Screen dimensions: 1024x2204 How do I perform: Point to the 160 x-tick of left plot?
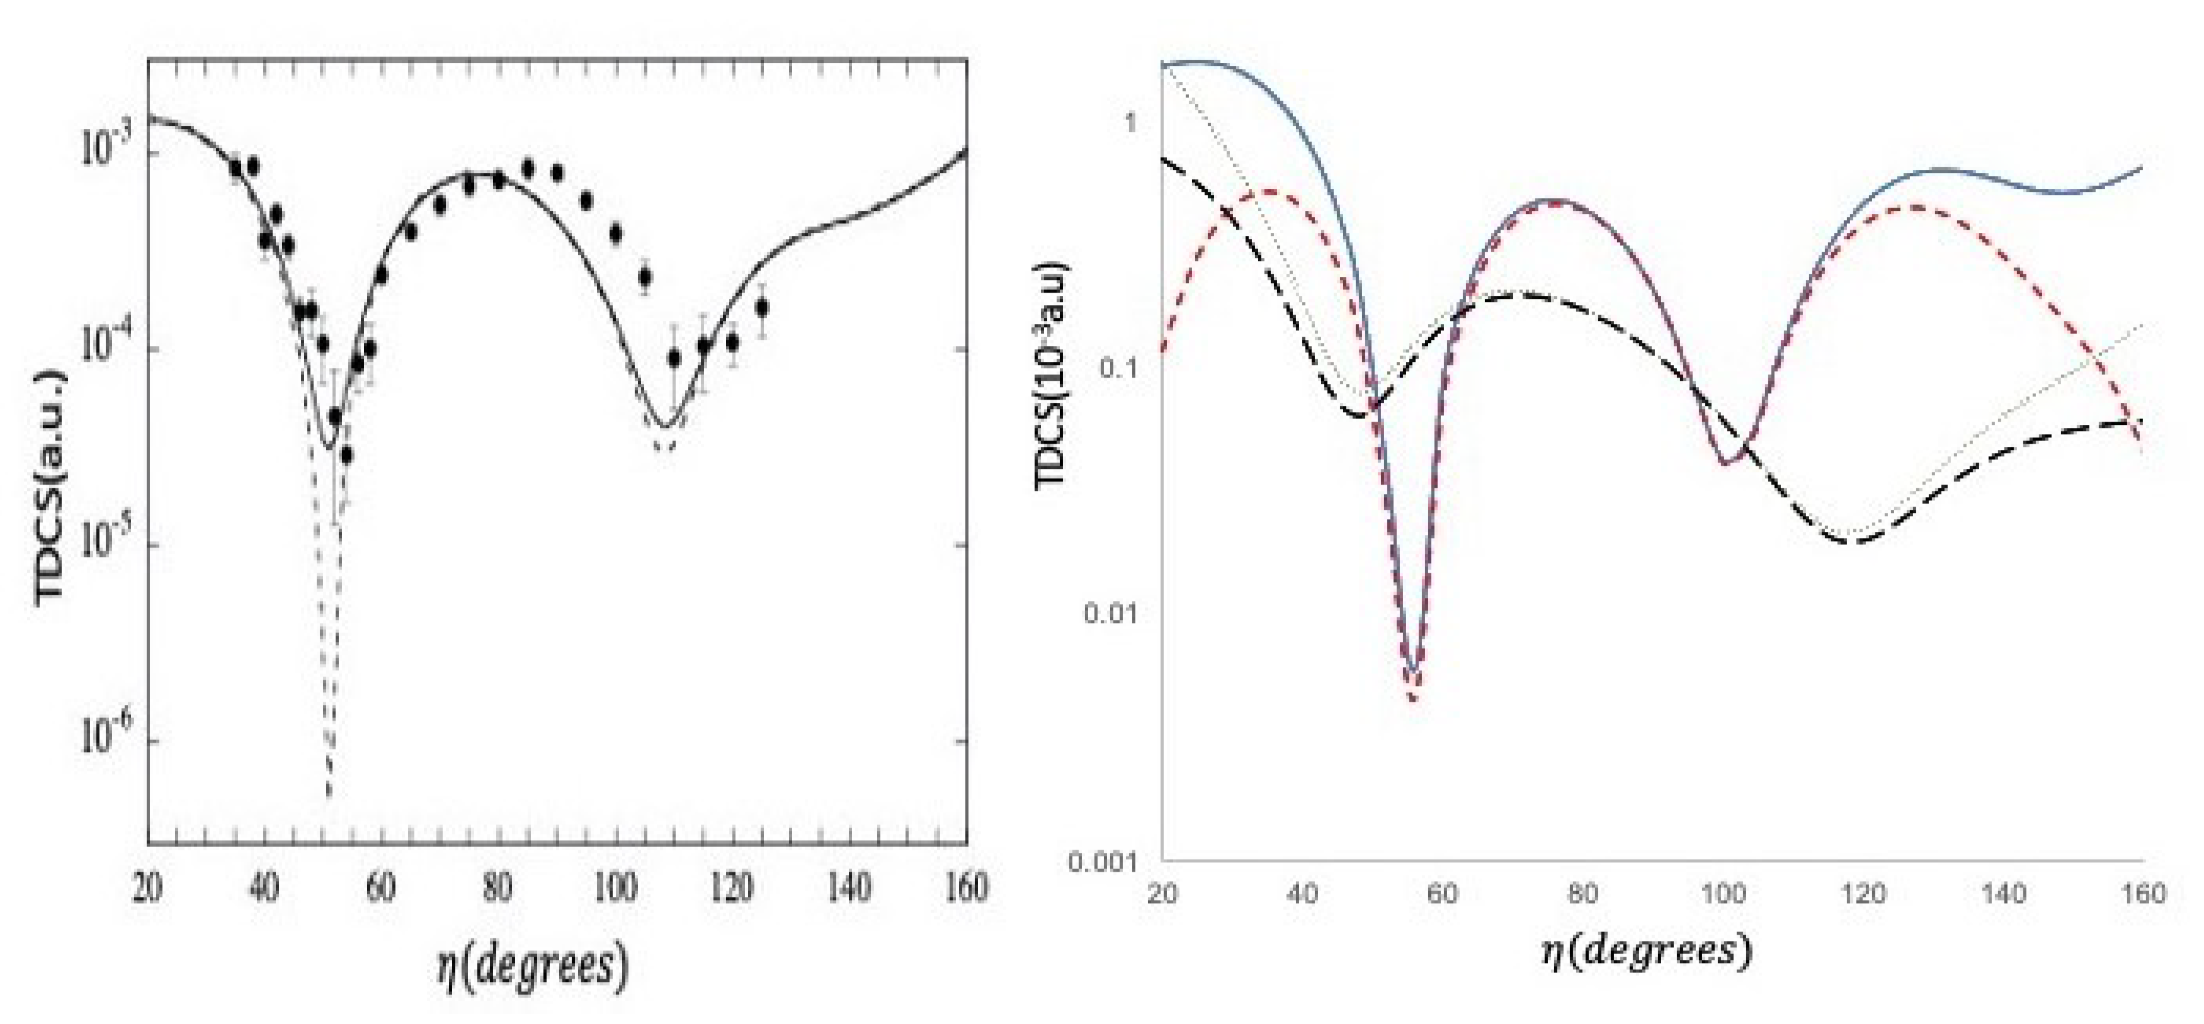[966, 887]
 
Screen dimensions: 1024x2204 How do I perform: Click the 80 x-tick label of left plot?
[498, 887]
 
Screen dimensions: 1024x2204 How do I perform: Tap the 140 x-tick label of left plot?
[849, 887]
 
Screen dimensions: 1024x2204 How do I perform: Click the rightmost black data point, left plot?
[761, 308]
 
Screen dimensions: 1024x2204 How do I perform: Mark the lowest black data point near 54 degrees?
[346, 455]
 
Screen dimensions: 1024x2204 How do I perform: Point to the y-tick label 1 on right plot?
[1129, 121]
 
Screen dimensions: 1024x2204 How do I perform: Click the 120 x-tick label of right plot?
[1863, 894]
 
